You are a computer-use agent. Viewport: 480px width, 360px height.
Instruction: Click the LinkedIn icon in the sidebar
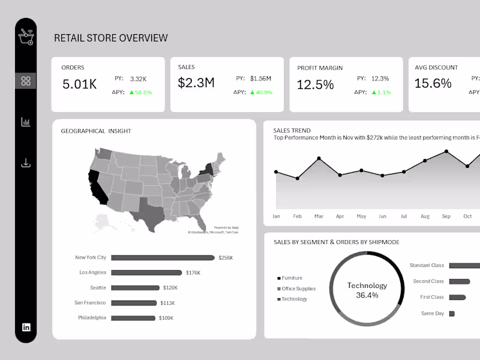click(x=26, y=327)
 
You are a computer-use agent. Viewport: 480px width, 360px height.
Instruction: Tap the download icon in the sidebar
click(x=26, y=163)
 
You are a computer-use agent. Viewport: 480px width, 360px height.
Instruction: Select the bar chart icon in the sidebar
click(x=26, y=122)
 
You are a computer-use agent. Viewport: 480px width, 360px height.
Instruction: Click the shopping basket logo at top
click(x=26, y=37)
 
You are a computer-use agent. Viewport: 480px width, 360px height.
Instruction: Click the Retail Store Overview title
click(x=111, y=38)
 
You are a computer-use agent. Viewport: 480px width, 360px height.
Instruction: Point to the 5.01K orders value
click(x=79, y=84)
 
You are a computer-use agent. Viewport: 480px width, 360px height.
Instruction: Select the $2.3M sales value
click(x=196, y=83)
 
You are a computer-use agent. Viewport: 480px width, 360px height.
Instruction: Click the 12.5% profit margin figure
click(x=315, y=85)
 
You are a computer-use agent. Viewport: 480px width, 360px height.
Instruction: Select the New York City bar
click(x=163, y=258)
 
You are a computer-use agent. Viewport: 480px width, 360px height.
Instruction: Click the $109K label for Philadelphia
click(x=166, y=318)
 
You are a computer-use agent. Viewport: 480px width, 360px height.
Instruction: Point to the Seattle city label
click(x=98, y=288)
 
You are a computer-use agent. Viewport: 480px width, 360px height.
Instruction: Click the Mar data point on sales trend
click(x=319, y=158)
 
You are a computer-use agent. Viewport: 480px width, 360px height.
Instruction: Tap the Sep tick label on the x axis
click(x=446, y=216)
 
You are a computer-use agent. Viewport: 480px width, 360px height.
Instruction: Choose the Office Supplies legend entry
click(x=298, y=289)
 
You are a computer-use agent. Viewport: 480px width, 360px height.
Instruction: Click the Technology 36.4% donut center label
click(x=367, y=290)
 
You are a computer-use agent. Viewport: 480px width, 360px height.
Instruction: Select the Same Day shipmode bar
click(x=452, y=313)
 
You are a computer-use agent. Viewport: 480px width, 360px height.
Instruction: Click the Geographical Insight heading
click(x=96, y=131)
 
